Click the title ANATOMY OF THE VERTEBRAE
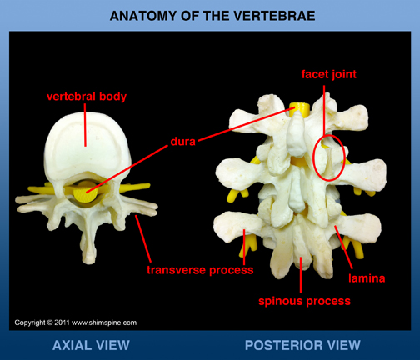pyautogui.click(x=212, y=16)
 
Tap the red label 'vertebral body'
pyautogui.click(x=87, y=97)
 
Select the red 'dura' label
pyautogui.click(x=183, y=142)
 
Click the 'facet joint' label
pyautogui.click(x=329, y=74)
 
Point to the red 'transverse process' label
pyautogui.click(x=200, y=270)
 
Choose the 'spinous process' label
pyautogui.click(x=304, y=301)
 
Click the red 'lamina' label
pyautogui.click(x=367, y=278)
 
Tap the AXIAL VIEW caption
pyautogui.click(x=91, y=345)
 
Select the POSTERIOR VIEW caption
pyautogui.click(x=302, y=345)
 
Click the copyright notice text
pyautogui.click(x=76, y=322)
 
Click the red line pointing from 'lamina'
pyautogui.click(x=344, y=247)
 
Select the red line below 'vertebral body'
pyautogui.click(x=85, y=129)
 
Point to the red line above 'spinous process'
pyautogui.click(x=301, y=275)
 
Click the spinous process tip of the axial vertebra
pyautogui.click(x=89, y=260)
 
